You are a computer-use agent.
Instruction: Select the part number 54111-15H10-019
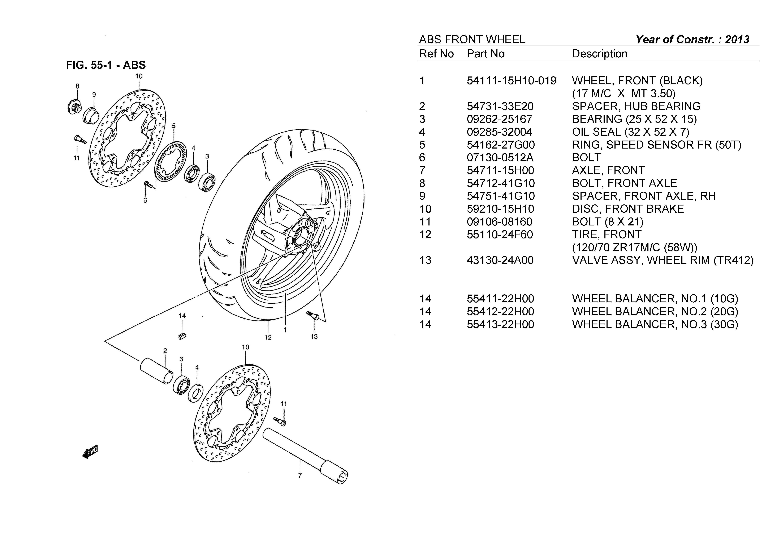coord(511,81)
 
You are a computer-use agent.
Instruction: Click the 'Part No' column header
coord(485,54)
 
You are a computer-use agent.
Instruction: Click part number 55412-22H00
coord(500,312)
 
